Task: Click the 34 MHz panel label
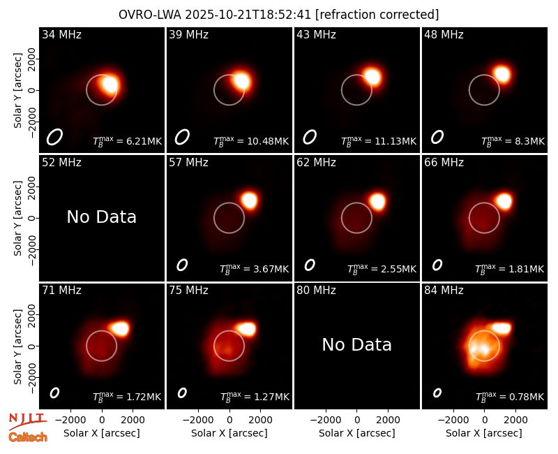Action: click(x=61, y=34)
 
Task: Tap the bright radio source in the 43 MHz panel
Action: click(x=372, y=77)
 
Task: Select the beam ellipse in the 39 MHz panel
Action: click(x=182, y=137)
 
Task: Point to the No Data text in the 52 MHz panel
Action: click(x=101, y=217)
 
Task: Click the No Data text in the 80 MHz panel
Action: click(x=356, y=344)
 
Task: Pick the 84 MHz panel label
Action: click(x=444, y=291)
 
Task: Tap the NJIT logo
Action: click(x=27, y=420)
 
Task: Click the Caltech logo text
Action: click(x=28, y=437)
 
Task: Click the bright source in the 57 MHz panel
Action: click(x=249, y=200)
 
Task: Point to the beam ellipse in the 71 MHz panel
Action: click(x=54, y=393)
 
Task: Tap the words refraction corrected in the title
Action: click(x=377, y=15)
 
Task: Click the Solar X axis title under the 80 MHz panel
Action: click(x=356, y=433)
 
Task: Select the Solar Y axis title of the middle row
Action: click(x=17, y=218)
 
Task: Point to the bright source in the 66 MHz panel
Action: click(x=504, y=201)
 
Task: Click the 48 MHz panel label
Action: click(x=444, y=34)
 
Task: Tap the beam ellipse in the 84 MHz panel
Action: click(x=437, y=393)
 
